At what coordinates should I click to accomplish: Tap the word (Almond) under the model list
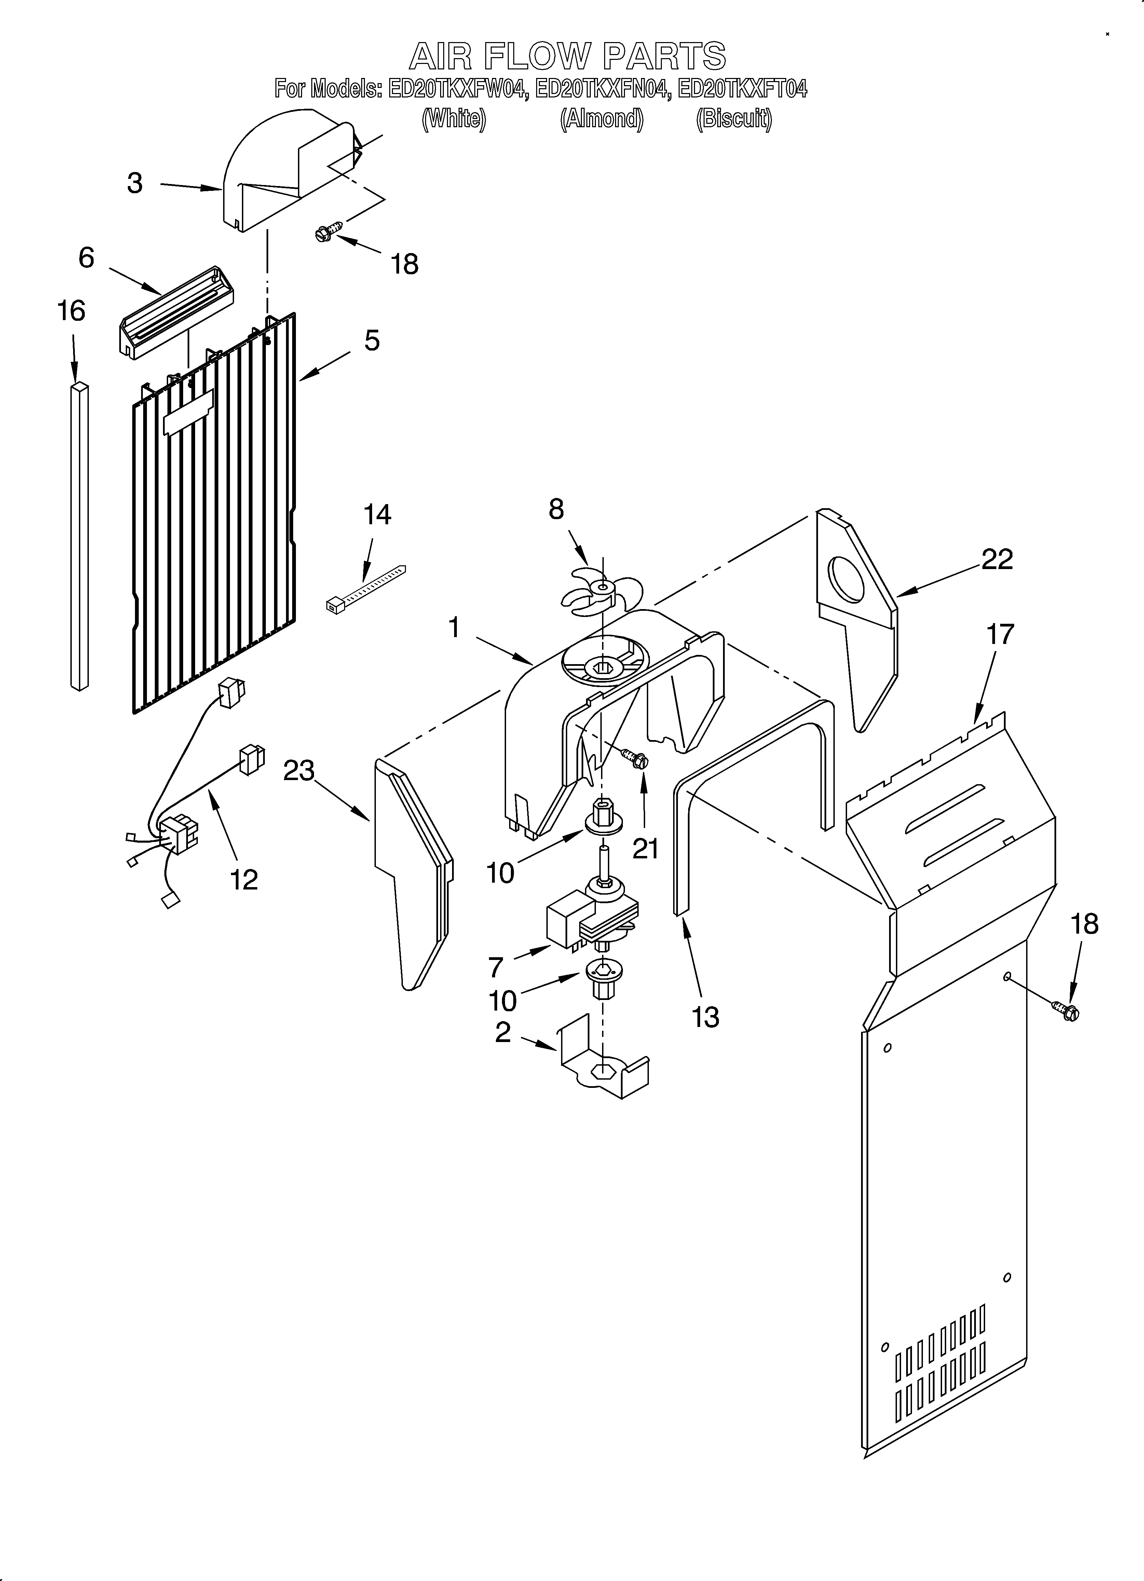pyautogui.click(x=601, y=119)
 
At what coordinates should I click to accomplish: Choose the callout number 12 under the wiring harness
pyautogui.click(x=244, y=880)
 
